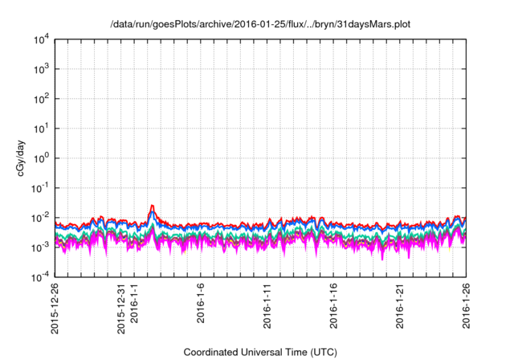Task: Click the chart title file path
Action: (x=260, y=25)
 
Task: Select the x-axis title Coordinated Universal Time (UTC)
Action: (x=260, y=352)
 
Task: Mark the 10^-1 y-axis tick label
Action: (x=39, y=187)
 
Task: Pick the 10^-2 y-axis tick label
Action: (x=39, y=217)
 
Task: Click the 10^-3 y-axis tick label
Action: (x=39, y=247)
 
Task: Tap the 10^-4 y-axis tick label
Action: (x=39, y=276)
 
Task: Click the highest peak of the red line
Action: (x=152, y=205)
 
